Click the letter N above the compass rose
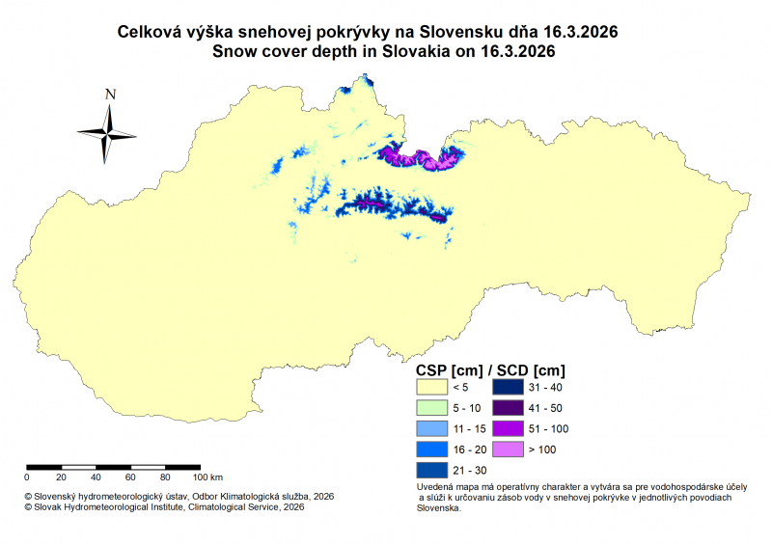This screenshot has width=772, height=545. (x=110, y=94)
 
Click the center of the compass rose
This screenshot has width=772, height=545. (x=109, y=133)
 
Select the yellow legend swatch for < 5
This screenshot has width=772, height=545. (x=432, y=387)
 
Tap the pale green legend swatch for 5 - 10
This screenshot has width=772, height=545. (x=432, y=407)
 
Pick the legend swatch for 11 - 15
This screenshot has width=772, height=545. (x=432, y=428)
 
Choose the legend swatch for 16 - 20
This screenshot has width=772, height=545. (x=432, y=450)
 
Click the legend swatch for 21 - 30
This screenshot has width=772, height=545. (x=432, y=470)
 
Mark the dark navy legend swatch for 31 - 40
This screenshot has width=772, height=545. (x=508, y=387)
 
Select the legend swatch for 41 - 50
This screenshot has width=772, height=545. (x=508, y=407)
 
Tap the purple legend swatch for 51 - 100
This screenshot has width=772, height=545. (x=508, y=428)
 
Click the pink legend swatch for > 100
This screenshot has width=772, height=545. (x=508, y=450)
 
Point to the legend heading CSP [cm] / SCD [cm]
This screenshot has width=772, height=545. (x=490, y=369)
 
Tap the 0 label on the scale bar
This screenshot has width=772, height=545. (x=27, y=477)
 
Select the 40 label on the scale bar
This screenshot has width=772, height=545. (x=95, y=477)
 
